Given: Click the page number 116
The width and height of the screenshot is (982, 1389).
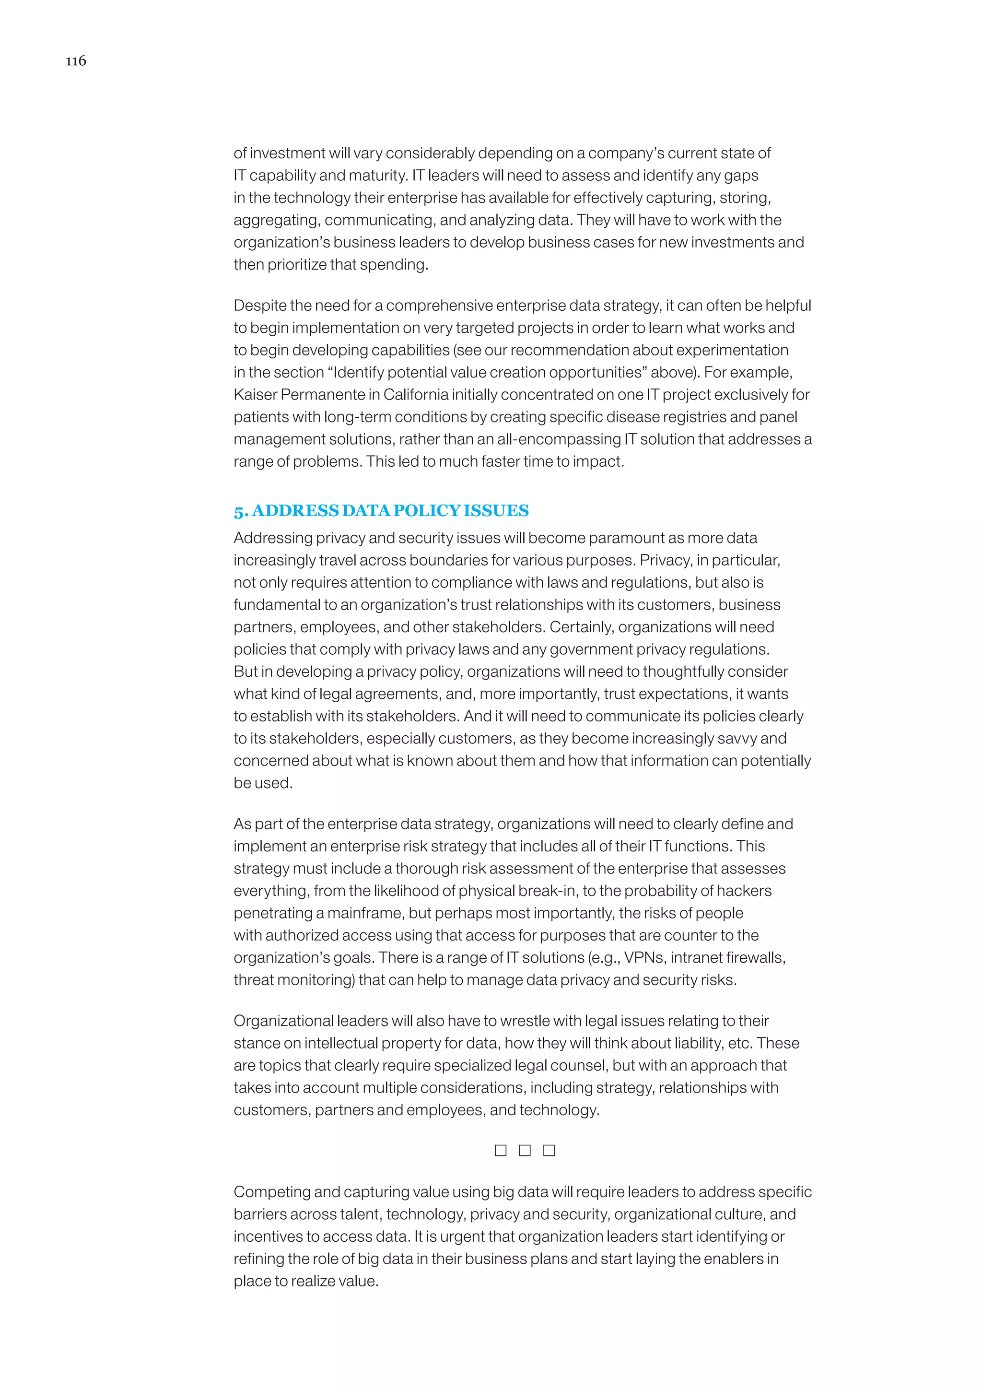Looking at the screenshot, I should pos(76,60).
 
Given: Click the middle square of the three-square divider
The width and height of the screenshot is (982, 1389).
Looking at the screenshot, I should pos(525,1150).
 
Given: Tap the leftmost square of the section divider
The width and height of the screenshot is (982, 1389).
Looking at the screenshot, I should pos(501,1150).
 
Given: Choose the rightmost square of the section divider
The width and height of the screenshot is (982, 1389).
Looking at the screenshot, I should pos(549,1150).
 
